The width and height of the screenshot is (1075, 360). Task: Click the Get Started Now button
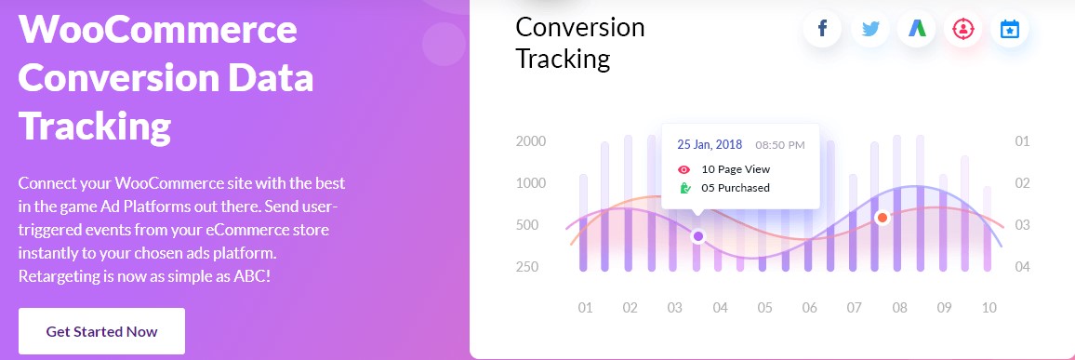pyautogui.click(x=101, y=331)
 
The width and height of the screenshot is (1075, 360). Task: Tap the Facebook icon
pyautogui.click(x=822, y=29)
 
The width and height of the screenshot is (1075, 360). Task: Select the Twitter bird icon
pyautogui.click(x=870, y=30)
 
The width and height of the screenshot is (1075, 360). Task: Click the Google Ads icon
pyautogui.click(x=917, y=29)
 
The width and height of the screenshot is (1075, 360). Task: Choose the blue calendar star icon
pyautogui.click(x=1010, y=30)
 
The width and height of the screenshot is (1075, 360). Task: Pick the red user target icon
pyautogui.click(x=963, y=30)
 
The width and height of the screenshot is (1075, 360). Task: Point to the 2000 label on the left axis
pyautogui.click(x=531, y=142)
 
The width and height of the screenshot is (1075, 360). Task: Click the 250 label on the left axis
pyautogui.click(x=527, y=267)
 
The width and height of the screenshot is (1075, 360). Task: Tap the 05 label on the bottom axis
pyautogui.click(x=764, y=308)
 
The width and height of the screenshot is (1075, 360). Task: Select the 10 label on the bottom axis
pyautogui.click(x=989, y=308)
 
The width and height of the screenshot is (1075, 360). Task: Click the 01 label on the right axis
pyautogui.click(x=1022, y=142)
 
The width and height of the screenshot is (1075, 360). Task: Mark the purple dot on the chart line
pyautogui.click(x=698, y=236)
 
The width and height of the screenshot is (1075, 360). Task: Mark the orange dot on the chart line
pyautogui.click(x=883, y=218)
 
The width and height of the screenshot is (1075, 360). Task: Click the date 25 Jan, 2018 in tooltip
pyautogui.click(x=710, y=145)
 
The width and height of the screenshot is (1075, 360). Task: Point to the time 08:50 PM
pyautogui.click(x=780, y=145)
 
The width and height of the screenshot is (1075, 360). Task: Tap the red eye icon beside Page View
pyautogui.click(x=684, y=169)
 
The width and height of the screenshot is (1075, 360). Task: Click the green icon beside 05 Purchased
pyautogui.click(x=684, y=188)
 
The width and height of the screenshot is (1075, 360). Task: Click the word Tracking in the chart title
pyautogui.click(x=563, y=59)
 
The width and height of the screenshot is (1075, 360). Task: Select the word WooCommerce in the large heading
pyautogui.click(x=158, y=30)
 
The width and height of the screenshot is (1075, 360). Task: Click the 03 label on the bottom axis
pyautogui.click(x=674, y=308)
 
